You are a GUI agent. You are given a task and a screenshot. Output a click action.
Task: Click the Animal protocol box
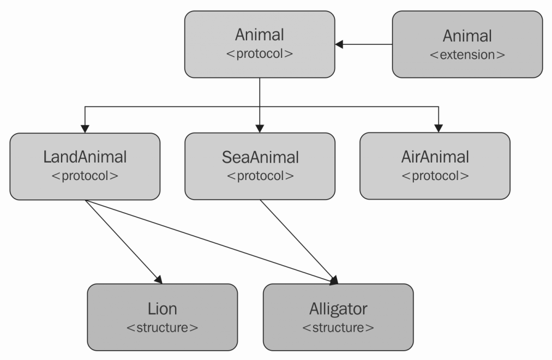[260, 44]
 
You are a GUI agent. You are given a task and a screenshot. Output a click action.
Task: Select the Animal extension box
[467, 44]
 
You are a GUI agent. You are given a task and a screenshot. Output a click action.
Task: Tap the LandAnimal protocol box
[85, 165]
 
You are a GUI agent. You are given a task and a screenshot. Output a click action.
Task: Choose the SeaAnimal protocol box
[260, 165]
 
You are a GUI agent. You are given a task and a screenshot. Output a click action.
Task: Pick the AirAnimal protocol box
[435, 165]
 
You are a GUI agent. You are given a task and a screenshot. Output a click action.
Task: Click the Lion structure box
[163, 317]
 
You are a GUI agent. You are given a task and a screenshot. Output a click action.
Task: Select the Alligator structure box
[338, 317]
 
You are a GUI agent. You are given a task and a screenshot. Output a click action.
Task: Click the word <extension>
[467, 55]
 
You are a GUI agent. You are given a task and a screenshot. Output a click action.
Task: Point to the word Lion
[163, 308]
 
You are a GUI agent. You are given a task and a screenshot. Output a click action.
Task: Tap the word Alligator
[338, 308]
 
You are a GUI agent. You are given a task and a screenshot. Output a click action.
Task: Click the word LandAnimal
[85, 157]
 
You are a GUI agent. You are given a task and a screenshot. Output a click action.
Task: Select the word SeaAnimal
[260, 157]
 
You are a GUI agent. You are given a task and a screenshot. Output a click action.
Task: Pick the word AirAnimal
[435, 157]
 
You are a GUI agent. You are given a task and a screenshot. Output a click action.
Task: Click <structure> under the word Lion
[163, 328]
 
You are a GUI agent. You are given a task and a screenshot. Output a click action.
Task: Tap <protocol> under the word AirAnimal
[435, 176]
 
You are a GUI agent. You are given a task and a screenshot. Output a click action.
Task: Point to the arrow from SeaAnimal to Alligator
[297, 240]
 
